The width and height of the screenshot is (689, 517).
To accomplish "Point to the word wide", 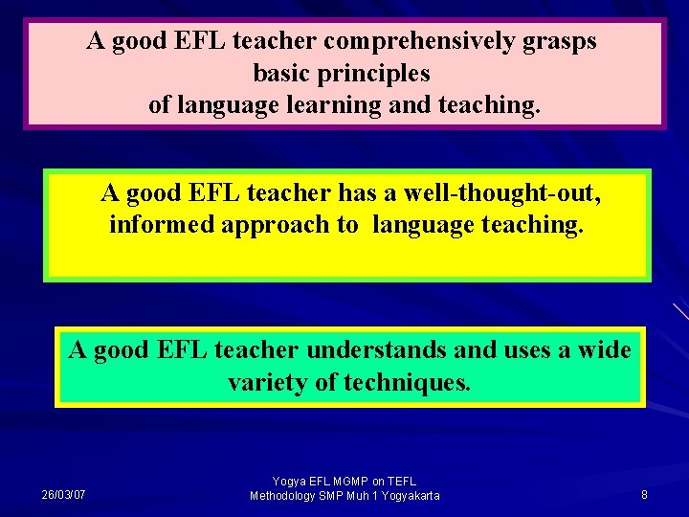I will coord(604,350).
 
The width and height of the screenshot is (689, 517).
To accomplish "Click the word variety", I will coord(268,383).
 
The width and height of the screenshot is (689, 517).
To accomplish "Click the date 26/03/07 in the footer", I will coord(63,495).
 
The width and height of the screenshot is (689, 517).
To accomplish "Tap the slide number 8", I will coord(644,495).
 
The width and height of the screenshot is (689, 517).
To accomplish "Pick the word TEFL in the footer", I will coord(401,481).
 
